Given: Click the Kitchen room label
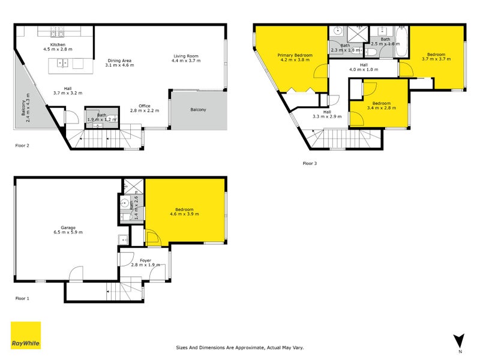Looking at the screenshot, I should [58, 44].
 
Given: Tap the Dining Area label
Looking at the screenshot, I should [119, 61].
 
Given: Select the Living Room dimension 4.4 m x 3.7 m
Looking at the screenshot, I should [184, 61].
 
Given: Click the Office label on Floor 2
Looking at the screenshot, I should [144, 106].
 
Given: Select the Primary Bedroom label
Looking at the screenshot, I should [294, 55].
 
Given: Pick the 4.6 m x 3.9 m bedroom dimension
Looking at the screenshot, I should [185, 214].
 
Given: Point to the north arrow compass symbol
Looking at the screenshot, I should [459, 341].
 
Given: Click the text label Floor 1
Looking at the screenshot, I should [22, 297].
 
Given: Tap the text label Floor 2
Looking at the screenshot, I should [22, 145].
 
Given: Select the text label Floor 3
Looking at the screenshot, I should [310, 163].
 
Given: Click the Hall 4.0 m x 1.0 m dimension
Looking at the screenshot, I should [364, 70].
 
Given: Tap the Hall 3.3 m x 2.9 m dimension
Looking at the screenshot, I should [327, 116].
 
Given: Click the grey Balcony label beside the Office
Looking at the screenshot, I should [198, 110].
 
